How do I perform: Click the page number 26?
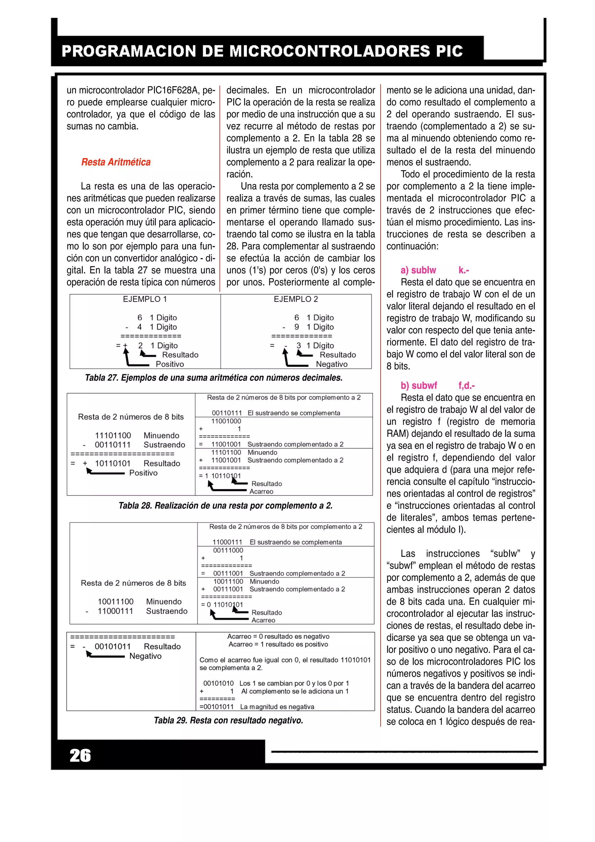(80, 756)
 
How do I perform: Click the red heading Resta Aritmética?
(116, 162)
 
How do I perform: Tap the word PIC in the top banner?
(449, 51)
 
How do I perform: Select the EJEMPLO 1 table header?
(145, 299)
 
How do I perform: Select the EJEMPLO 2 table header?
(296, 299)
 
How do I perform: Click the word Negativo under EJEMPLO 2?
(332, 364)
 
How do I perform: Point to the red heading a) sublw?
(418, 270)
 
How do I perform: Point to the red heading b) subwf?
(419, 386)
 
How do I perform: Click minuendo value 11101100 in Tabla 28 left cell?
(113, 436)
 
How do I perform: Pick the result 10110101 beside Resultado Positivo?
(113, 463)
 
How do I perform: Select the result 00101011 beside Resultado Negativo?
(113, 646)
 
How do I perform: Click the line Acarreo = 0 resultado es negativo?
(278, 637)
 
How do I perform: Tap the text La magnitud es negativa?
(277, 707)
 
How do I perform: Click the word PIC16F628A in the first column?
(172, 90)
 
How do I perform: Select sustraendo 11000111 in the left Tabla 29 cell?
(115, 611)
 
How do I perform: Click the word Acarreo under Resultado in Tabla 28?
(261, 492)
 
